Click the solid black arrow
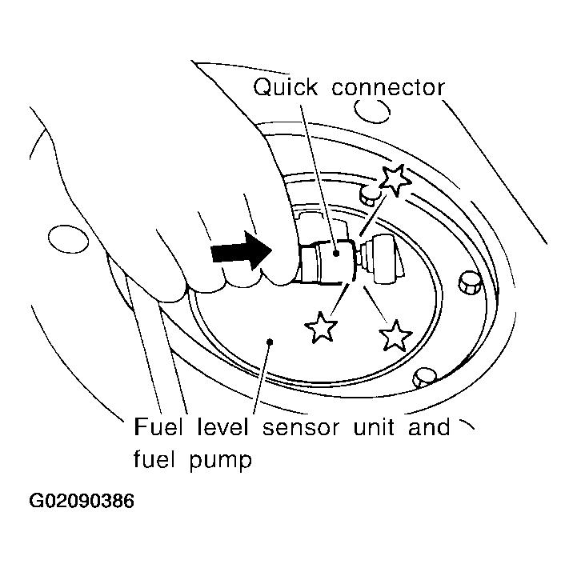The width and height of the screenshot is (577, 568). pos(241,251)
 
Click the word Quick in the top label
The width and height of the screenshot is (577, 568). pos(285,88)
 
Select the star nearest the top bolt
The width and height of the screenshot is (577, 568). pos(395,180)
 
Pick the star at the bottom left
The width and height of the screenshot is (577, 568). pos(321,327)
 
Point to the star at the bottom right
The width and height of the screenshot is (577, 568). pos(395,335)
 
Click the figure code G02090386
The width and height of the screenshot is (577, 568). pos(82,501)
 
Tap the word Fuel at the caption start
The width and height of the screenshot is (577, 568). pos(158,426)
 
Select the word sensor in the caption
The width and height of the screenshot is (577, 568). pos(301,428)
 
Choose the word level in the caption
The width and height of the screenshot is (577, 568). pos(222,426)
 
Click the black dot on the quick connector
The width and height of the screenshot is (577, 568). pos(335,253)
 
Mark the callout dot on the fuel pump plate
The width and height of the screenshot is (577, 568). pos(270,342)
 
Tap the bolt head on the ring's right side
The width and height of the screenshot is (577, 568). pos(470,282)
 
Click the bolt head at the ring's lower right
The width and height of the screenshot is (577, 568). pos(425,377)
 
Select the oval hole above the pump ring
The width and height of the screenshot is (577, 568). pos(372,110)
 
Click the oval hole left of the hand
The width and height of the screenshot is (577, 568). pos(69,239)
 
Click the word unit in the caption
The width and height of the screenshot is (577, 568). pos(374,426)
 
